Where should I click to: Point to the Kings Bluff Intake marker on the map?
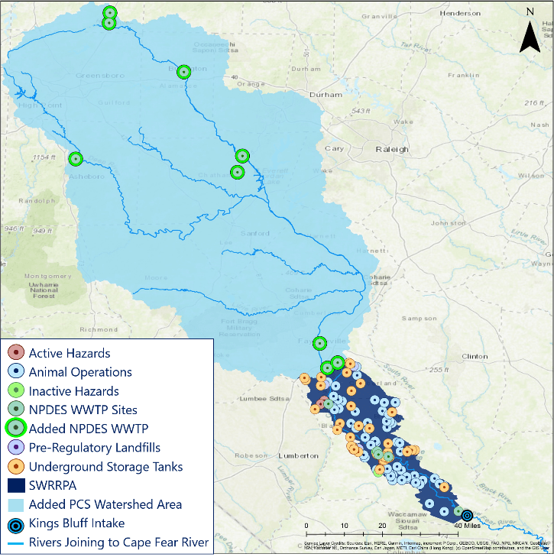point(467,515)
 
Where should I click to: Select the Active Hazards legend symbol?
point(15,353)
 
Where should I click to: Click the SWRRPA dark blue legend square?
point(15,485)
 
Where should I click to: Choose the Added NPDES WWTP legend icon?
point(15,428)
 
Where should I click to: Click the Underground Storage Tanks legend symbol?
point(15,466)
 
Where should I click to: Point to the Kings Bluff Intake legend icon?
point(15,524)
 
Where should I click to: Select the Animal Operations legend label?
point(80,372)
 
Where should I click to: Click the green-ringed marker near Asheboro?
point(75,159)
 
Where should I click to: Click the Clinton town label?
point(475,356)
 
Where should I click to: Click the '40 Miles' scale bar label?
point(467,526)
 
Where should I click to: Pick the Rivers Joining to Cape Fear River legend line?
point(15,543)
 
